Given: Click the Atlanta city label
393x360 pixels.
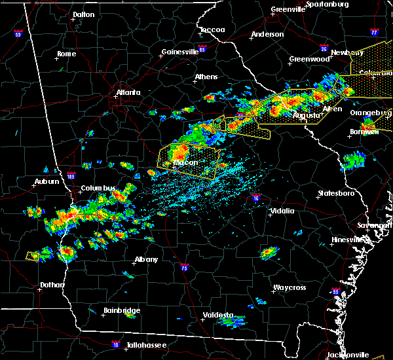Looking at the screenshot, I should [128, 92].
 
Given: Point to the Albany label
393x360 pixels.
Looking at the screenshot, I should [146, 259].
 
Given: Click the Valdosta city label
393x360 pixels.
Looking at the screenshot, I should [218, 315].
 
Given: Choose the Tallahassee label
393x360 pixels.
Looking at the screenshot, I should [147, 345].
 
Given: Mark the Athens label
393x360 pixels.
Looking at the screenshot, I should [206, 77].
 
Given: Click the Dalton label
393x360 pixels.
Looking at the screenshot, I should [83, 14].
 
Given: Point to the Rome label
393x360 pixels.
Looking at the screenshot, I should [66, 54].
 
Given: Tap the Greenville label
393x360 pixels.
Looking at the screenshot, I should [289, 10].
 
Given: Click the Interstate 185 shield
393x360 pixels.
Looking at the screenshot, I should [71, 175].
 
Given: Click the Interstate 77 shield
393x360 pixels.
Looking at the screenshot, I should [374, 31].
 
